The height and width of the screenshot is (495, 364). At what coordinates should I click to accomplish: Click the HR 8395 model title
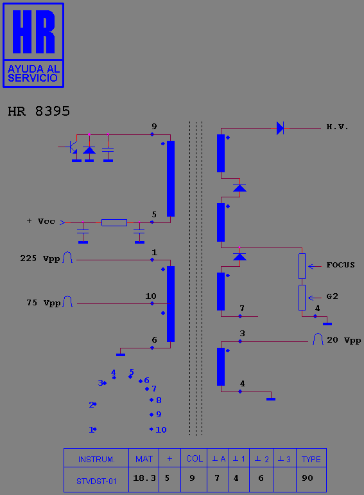[39, 111]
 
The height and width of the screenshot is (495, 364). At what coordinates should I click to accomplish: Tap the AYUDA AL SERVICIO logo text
[33, 73]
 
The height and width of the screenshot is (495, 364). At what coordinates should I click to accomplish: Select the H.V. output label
[337, 127]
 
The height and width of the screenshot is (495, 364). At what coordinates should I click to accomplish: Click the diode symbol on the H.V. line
[280, 128]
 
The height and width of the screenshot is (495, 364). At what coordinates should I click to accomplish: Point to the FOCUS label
[340, 265]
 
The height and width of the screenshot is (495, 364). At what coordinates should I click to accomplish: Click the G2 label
[332, 296]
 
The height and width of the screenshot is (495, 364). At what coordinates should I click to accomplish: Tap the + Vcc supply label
[40, 221]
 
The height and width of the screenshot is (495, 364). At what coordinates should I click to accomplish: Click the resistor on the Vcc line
[114, 222]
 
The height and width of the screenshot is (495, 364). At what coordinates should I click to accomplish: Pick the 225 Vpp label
[40, 258]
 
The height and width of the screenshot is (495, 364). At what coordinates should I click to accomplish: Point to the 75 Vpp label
[43, 303]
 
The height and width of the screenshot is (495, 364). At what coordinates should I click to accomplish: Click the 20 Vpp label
[344, 340]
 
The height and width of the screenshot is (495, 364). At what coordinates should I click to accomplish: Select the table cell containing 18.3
[144, 479]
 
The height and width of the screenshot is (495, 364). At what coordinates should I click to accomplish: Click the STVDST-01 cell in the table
[96, 479]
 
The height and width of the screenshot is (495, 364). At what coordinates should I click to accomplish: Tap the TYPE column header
[311, 459]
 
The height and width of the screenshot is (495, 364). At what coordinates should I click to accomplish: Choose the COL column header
[195, 458]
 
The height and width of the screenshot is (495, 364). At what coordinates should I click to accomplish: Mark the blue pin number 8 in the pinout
[159, 401]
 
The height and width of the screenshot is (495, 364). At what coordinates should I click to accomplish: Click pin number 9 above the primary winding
[154, 126]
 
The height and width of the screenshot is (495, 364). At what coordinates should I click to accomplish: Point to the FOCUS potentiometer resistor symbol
[302, 266]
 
